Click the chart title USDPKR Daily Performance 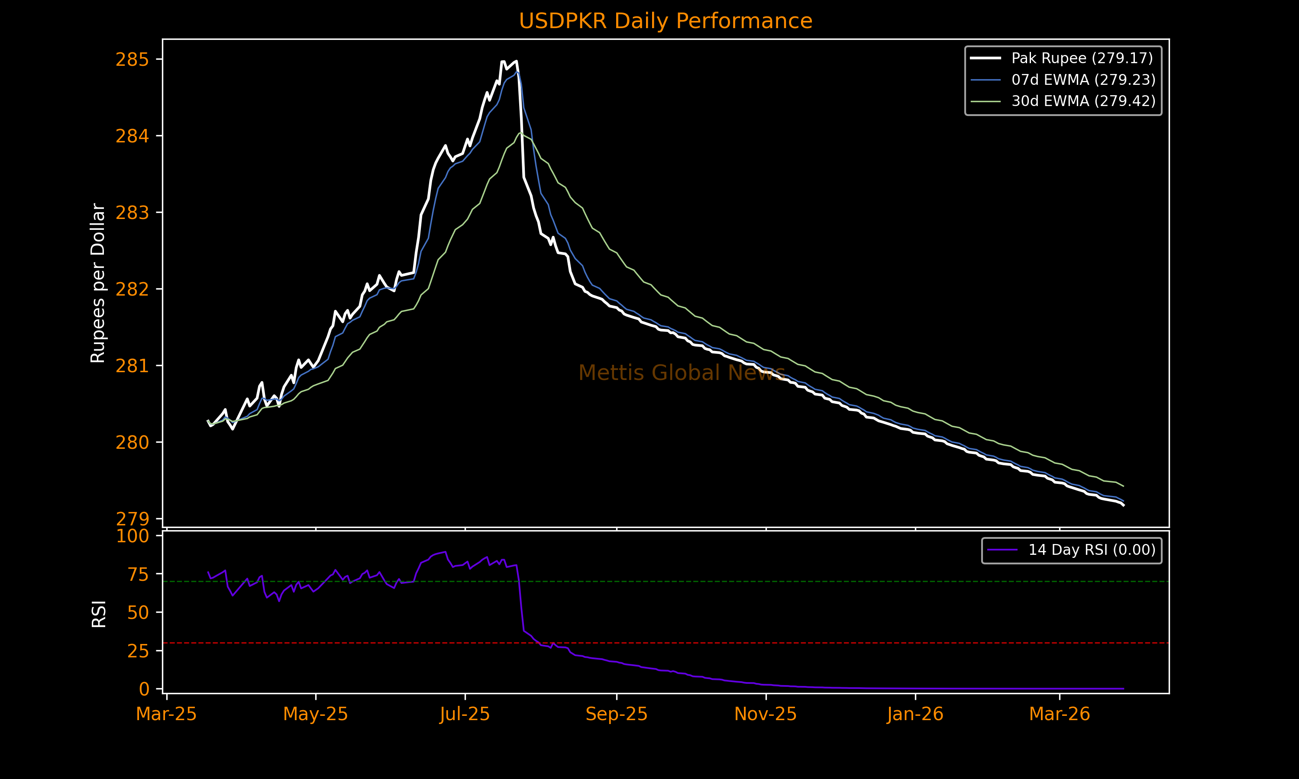click(x=665, y=21)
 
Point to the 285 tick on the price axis click(x=132, y=60)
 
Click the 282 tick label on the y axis click(x=132, y=289)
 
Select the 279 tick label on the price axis click(x=132, y=519)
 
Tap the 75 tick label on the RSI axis click(x=138, y=575)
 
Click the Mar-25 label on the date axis click(x=166, y=715)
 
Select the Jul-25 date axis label click(x=465, y=715)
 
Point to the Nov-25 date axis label click(x=766, y=715)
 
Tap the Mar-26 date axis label click(x=1060, y=715)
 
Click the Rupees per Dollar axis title click(x=98, y=283)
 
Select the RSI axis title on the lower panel click(x=99, y=614)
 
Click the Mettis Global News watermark click(x=682, y=373)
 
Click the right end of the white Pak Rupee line click(x=1124, y=505)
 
